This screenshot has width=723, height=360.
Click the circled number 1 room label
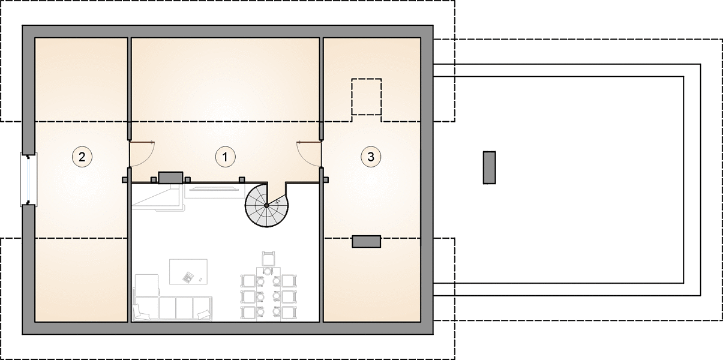[225, 157]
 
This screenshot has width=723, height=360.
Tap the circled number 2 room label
[82, 157]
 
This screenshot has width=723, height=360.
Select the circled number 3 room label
[371, 157]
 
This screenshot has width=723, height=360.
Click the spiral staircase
[266, 205]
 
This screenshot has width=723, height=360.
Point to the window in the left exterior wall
[29, 179]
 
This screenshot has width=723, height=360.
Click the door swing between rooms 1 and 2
[142, 154]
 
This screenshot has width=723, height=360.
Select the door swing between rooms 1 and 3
[309, 154]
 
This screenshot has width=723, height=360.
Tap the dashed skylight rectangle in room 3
[367, 97]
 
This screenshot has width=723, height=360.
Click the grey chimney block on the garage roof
[490, 167]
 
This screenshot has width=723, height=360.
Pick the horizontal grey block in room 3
[367, 242]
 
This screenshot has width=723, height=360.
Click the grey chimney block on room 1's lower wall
[170, 178]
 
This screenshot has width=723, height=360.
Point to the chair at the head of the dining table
[268, 259]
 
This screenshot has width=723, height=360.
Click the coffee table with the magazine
[188, 272]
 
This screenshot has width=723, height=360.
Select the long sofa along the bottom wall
[173, 308]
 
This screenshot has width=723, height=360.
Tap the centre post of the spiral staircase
[266, 205]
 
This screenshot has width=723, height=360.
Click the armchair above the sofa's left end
[146, 286]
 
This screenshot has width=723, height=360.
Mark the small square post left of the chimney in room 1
[154, 180]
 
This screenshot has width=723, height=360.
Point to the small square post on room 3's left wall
[326, 180]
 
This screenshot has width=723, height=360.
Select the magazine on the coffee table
[188, 277]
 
